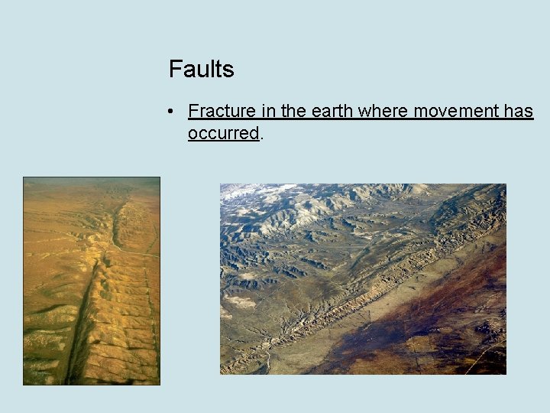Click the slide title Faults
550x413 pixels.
pos(201,69)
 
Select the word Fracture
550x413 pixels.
pos(222,112)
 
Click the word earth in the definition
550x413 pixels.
pos(332,112)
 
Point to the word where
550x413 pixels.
pos(384,112)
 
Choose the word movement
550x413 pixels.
pos(456,112)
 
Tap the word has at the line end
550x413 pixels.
pos(519,112)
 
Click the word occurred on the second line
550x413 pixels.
pos(223,133)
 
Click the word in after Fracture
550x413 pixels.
pos(268,112)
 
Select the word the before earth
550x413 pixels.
pos(293,112)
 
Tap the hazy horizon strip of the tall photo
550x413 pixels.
pos(92,182)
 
